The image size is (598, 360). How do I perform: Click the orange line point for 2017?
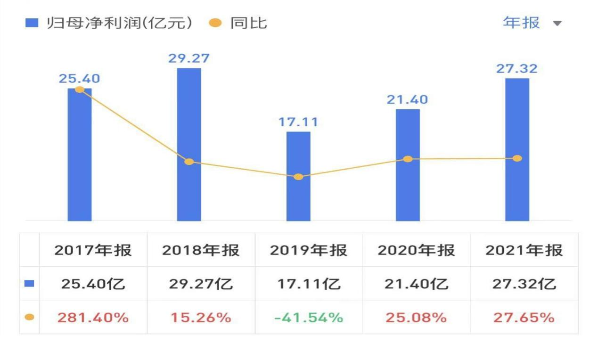[x=80, y=90]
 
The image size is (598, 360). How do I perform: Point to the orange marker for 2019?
[x=298, y=177]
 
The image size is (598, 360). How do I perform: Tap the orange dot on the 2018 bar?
[x=189, y=162]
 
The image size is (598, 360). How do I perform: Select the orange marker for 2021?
[x=517, y=158]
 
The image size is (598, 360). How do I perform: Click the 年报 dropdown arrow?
[x=557, y=23]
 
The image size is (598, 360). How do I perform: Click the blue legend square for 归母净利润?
[x=32, y=23]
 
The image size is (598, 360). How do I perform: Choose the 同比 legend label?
[x=249, y=23]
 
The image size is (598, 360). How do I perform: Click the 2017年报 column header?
[x=93, y=250]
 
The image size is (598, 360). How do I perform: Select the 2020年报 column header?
[x=416, y=250]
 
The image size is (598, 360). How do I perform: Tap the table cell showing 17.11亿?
[x=309, y=284]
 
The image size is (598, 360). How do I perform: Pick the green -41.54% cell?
[x=309, y=318]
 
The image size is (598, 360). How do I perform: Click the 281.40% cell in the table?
[x=93, y=318]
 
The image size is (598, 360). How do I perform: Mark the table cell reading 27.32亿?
[x=524, y=284]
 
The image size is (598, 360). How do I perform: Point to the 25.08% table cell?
[x=416, y=318]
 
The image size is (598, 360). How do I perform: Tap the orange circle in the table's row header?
[x=29, y=318]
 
